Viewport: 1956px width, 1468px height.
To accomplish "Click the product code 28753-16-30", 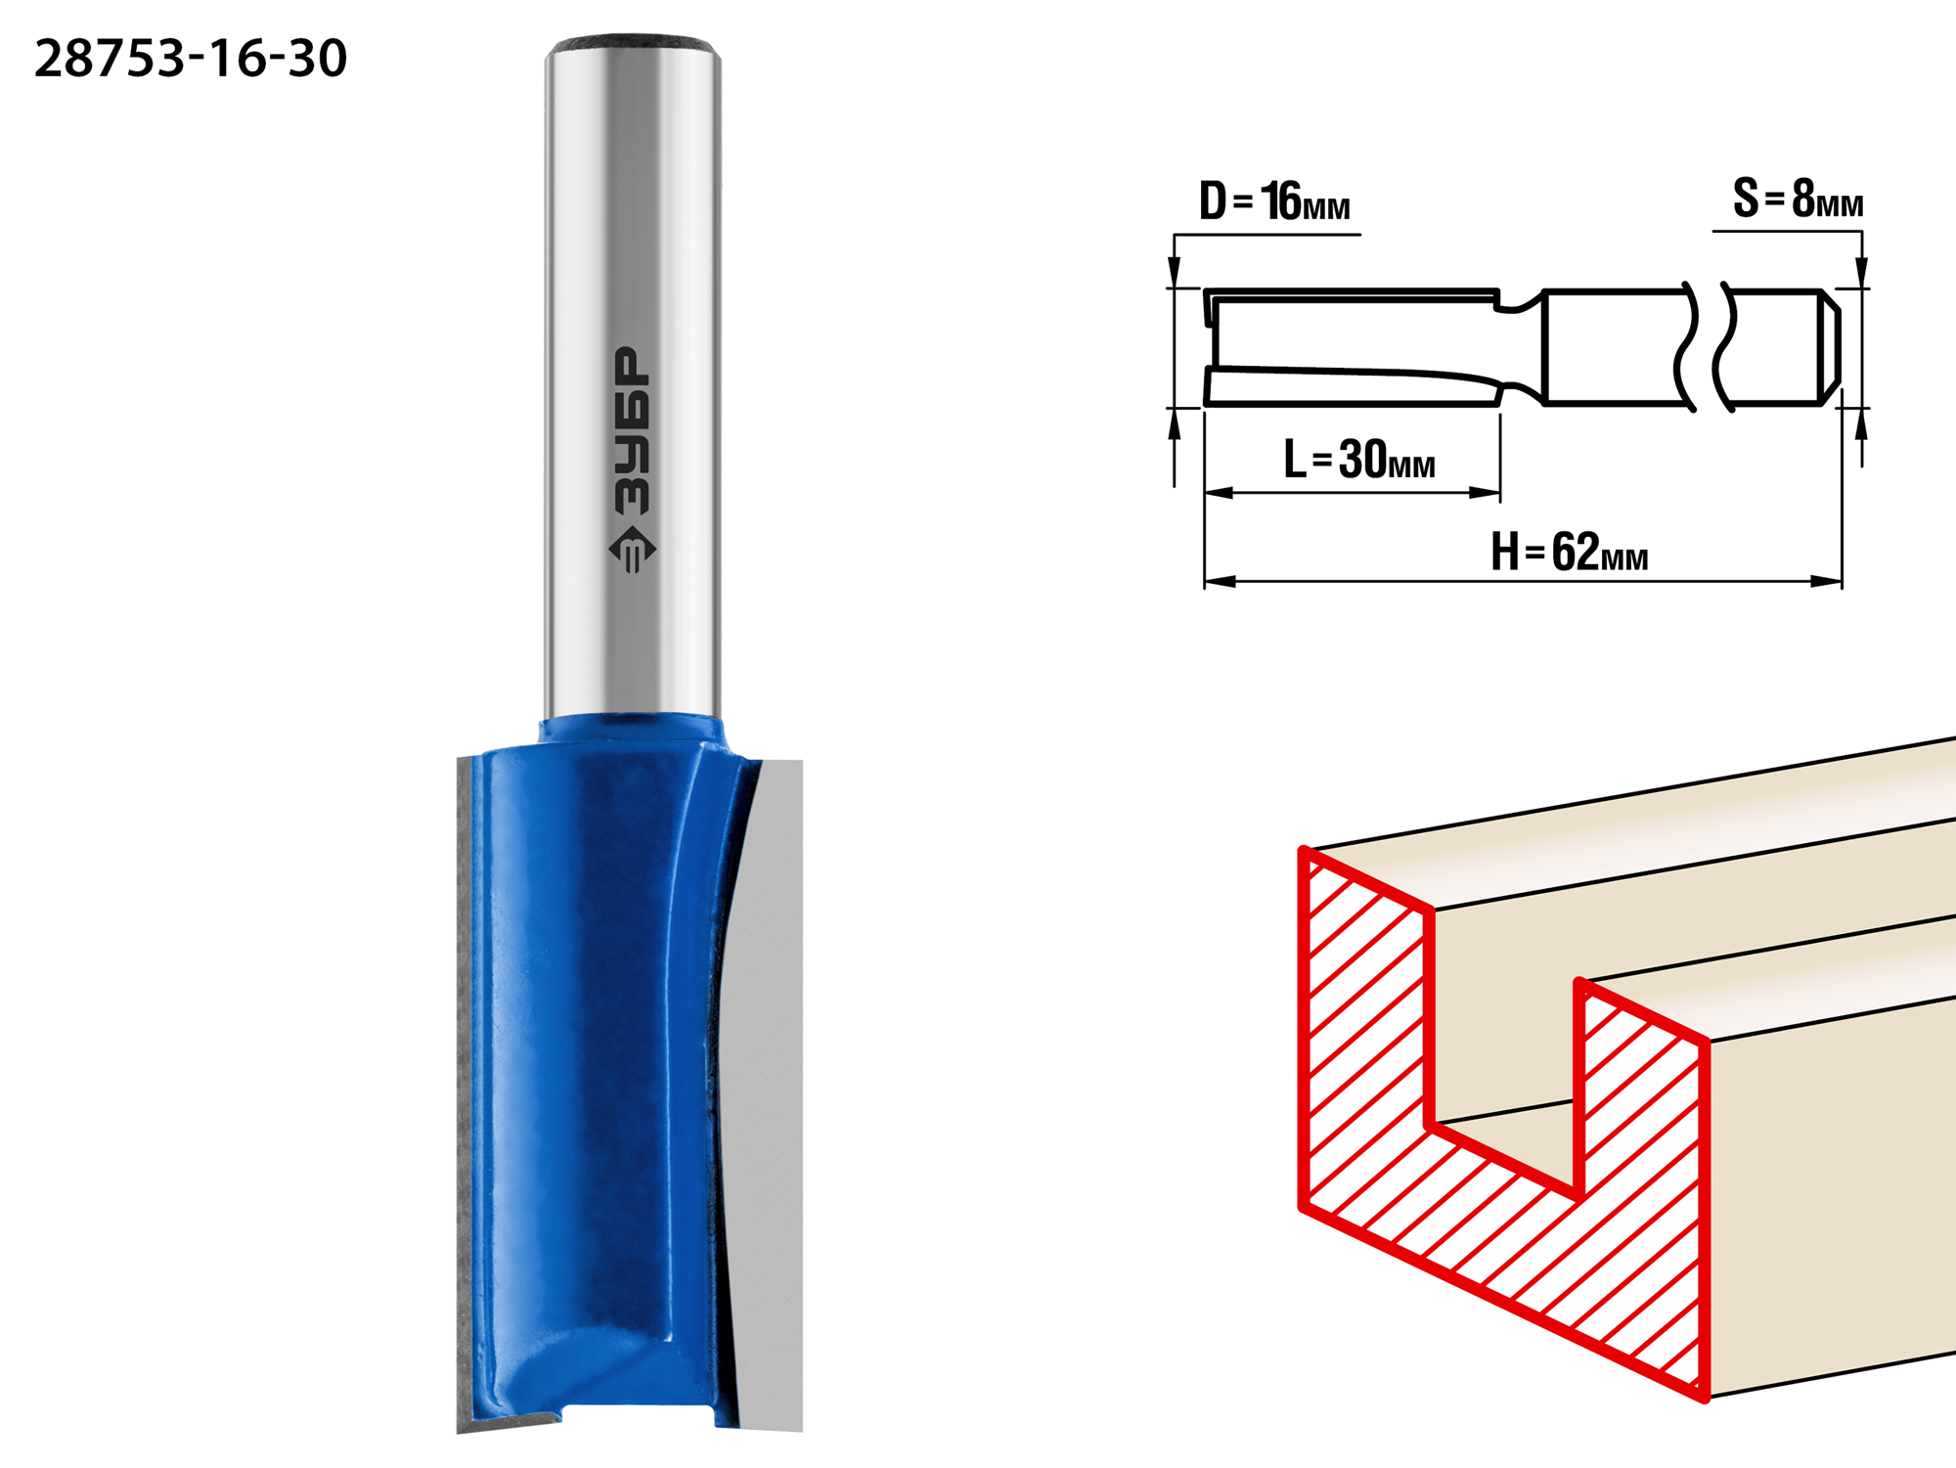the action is (191, 59).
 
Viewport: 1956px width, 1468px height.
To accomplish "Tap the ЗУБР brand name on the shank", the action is (632, 430).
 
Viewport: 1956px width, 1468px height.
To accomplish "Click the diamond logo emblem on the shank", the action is (633, 550).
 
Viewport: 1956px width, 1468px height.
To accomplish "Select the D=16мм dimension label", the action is (1274, 201).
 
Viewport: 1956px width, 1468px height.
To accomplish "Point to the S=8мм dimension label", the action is (1798, 199).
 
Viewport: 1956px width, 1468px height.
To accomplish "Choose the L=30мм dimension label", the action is (1359, 459).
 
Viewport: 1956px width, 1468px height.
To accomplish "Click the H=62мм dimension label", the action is (1569, 552).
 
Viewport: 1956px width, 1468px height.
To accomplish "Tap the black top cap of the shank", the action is (634, 44).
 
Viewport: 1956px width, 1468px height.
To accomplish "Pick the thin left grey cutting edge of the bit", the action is (466, 1095).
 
